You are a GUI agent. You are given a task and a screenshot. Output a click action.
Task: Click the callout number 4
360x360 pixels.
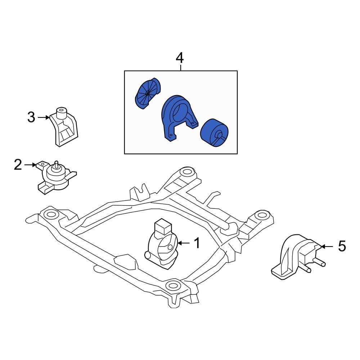click(179, 58)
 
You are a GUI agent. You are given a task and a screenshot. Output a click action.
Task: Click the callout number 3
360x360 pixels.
click(31, 117)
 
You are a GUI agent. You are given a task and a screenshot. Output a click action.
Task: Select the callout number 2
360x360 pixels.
click(18, 165)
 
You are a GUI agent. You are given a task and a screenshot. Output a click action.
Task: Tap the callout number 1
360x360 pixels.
click(197, 243)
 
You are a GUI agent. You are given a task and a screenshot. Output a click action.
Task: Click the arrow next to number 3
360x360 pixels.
click(44, 117)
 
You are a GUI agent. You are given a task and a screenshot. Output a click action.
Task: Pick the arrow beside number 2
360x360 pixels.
click(31, 165)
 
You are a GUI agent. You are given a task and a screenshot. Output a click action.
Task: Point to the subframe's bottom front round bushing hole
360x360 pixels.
click(173, 286)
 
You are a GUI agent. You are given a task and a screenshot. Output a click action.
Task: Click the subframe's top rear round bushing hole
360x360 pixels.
click(186, 172)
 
